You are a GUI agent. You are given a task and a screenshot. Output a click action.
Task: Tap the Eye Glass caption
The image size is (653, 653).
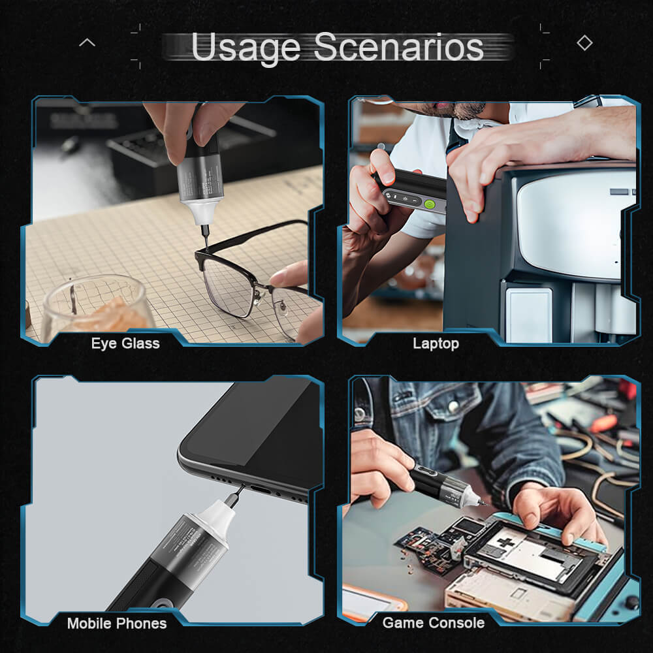click(x=125, y=343)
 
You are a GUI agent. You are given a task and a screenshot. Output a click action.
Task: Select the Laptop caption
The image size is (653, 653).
click(x=436, y=343)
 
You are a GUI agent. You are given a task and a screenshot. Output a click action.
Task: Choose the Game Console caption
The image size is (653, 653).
click(x=434, y=623)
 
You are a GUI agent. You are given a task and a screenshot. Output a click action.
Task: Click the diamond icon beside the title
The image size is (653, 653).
click(x=584, y=43)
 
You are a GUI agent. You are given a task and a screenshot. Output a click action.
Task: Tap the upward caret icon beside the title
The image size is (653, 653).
click(x=87, y=43)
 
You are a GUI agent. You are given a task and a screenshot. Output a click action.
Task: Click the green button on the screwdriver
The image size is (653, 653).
click(x=430, y=204)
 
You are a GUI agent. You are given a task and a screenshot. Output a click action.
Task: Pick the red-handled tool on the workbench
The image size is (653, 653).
click(x=604, y=423)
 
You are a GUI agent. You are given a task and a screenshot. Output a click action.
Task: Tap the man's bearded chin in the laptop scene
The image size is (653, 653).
click(x=466, y=111)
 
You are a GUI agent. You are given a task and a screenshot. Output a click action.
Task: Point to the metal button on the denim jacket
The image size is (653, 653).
click(x=453, y=407)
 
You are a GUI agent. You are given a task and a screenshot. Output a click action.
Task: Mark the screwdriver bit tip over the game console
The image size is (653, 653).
click(x=484, y=503)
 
